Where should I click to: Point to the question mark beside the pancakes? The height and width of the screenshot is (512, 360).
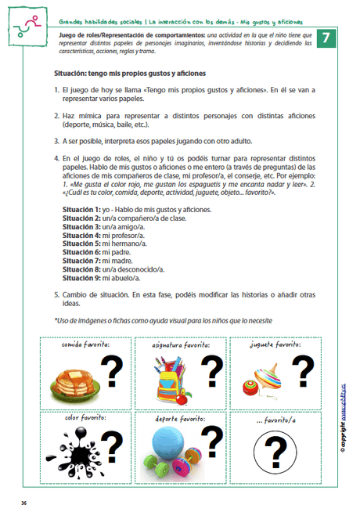pos(114,371)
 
